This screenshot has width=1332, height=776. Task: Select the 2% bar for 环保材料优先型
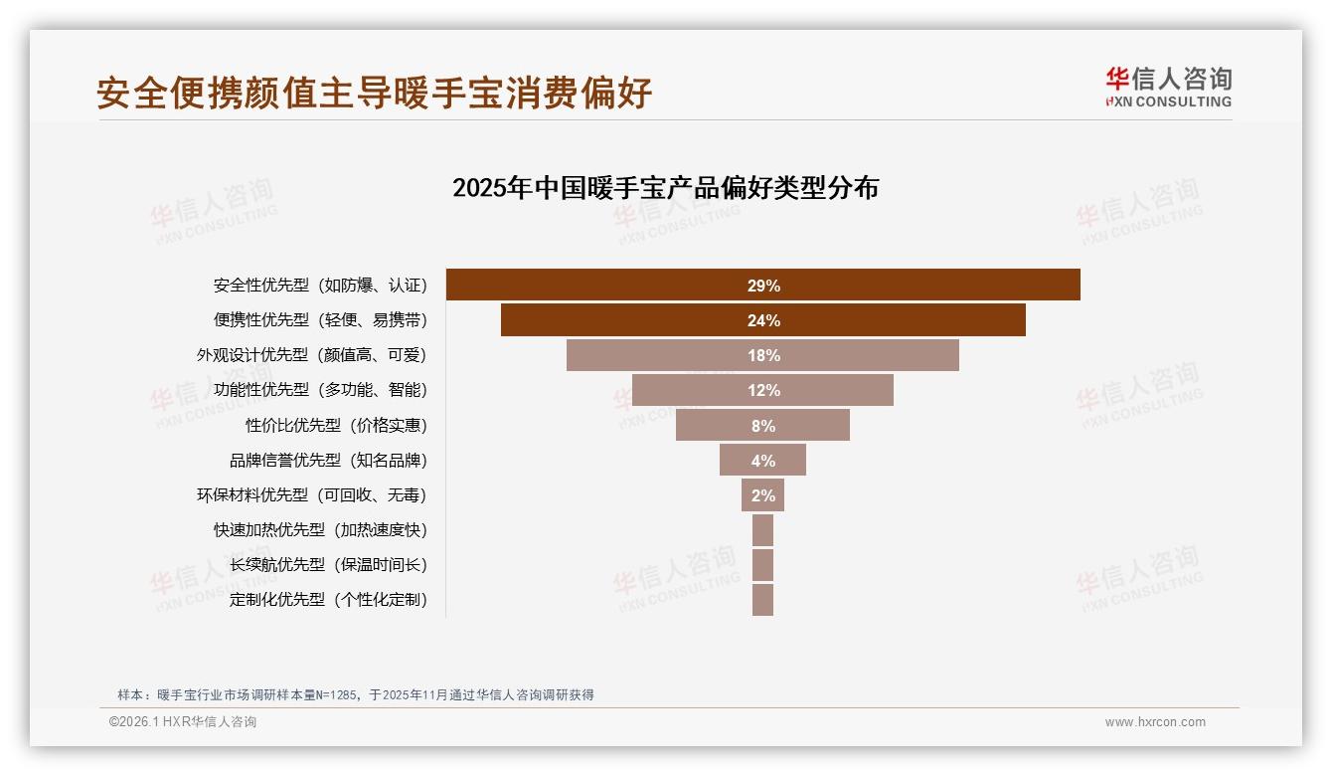762,494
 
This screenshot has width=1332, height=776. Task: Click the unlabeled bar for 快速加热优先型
762,530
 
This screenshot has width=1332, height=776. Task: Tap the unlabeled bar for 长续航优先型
762,565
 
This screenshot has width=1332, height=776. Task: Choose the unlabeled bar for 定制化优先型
762,600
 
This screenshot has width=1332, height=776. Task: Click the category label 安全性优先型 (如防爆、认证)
320,286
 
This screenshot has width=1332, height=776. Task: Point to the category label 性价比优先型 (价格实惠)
336,426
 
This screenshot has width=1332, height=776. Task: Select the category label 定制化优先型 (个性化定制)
328,600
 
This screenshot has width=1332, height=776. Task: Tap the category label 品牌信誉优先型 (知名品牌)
328,461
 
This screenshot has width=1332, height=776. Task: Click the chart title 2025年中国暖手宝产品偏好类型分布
665,188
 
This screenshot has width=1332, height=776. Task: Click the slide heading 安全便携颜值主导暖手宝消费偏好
374,93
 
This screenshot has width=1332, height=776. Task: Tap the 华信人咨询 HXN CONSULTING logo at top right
1168,87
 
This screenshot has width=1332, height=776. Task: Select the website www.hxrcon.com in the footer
1155,722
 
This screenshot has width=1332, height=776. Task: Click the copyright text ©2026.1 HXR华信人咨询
183,722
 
